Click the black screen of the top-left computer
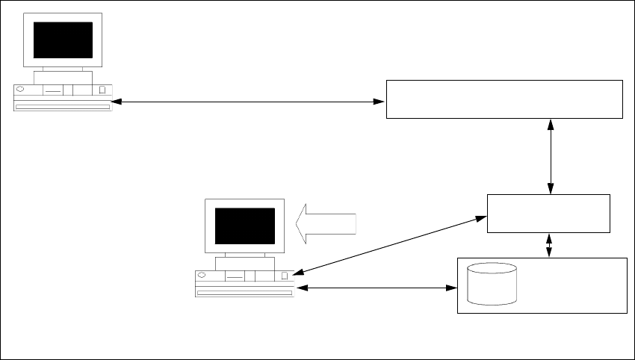click(x=63, y=40)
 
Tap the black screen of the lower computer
click(x=245, y=226)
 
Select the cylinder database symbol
click(x=492, y=284)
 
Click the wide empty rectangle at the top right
click(x=504, y=99)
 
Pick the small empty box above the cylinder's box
click(x=548, y=214)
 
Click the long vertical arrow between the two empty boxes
click(x=551, y=156)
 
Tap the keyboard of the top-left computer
click(x=63, y=107)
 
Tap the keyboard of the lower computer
click(x=245, y=293)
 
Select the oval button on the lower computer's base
click(x=202, y=276)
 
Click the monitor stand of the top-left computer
click(x=63, y=77)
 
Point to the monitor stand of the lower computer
click(x=245, y=262)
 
